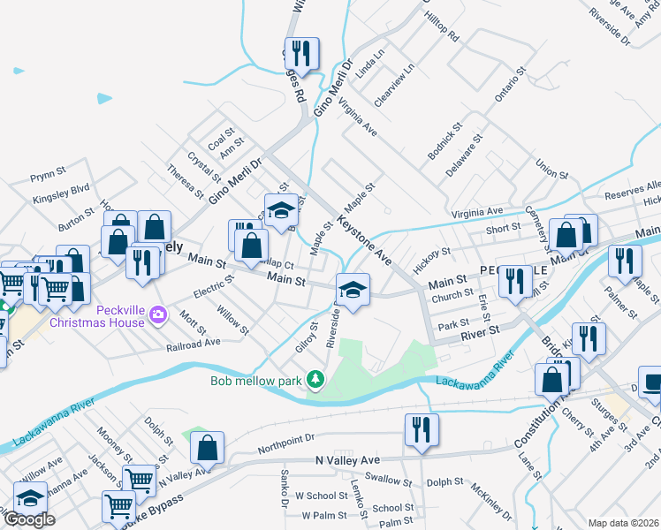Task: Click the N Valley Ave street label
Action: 347,460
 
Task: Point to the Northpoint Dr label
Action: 285,444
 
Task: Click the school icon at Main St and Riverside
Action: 352,290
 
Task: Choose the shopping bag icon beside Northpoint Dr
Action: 207,448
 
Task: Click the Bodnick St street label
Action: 443,142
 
